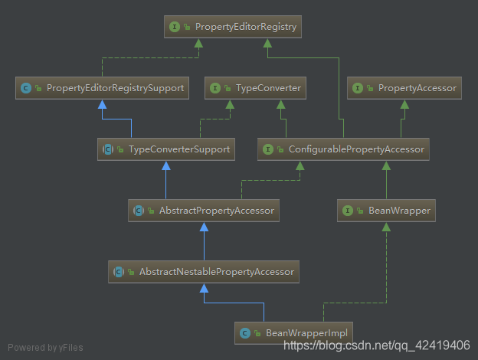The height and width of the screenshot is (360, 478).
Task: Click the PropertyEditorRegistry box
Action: click(232, 28)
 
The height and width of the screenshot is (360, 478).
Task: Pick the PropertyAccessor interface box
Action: click(405, 88)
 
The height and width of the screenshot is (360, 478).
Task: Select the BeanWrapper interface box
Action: click(387, 210)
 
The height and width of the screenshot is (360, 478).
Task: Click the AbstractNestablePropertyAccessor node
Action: click(204, 271)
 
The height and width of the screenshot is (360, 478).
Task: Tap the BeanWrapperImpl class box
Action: click(293, 332)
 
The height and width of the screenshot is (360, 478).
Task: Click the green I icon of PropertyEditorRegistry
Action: click(175, 28)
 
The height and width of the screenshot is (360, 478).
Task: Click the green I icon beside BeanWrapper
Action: click(348, 210)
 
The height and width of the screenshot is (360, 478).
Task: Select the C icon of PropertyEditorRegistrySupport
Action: click(27, 88)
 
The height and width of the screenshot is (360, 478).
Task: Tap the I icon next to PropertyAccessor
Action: click(358, 88)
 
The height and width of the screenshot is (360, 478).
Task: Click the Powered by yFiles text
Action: click(45, 348)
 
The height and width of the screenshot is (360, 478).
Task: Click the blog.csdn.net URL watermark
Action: click(376, 345)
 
